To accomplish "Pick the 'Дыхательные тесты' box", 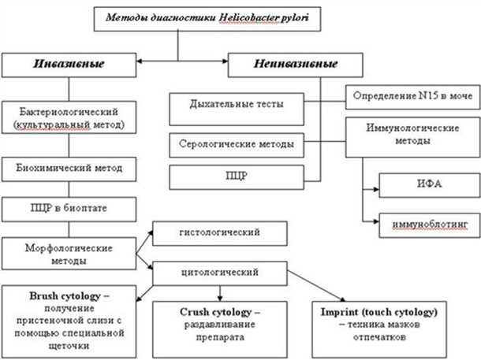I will click(x=237, y=104).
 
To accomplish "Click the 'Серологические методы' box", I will click(x=237, y=145).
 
